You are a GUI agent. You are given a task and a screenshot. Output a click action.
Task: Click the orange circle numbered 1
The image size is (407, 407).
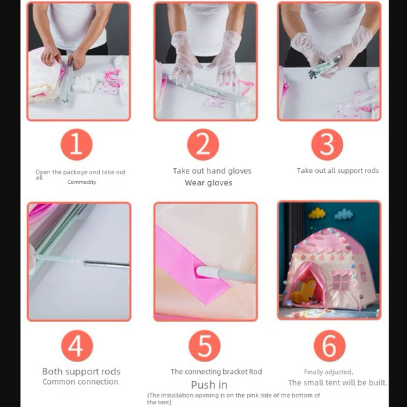tap(77, 144)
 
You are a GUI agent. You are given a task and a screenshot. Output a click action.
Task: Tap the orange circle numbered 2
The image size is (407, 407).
tap(203, 144)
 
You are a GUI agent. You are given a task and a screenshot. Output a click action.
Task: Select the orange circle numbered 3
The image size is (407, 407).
tap(327, 144)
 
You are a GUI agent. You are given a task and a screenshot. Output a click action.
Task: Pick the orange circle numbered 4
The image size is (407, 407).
tap(77, 346)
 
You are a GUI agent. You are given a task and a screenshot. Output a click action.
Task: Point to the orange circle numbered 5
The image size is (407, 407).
tap(205, 346)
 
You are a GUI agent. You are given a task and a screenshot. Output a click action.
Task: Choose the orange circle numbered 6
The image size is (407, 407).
tap(330, 346)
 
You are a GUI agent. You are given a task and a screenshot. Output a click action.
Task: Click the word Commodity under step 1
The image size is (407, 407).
tap(82, 182)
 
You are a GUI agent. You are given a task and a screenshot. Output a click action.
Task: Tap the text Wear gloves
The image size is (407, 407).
tap(208, 182)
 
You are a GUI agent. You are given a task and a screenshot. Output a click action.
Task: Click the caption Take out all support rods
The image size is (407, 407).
tap(338, 170)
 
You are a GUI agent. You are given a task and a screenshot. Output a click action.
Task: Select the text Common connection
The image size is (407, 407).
tap(81, 381)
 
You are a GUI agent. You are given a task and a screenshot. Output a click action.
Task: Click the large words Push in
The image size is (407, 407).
tap(209, 385)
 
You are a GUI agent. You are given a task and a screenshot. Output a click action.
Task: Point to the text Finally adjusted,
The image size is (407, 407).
tap(328, 372)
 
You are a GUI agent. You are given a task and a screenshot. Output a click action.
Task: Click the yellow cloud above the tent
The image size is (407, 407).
tap(317, 213)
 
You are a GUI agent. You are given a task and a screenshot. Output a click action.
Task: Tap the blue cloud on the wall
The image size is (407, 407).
tap(344, 214)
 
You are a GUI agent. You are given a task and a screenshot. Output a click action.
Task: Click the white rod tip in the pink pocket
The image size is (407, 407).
tap(206, 271)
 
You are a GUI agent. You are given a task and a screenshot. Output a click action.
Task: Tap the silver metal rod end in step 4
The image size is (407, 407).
tap(106, 265)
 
